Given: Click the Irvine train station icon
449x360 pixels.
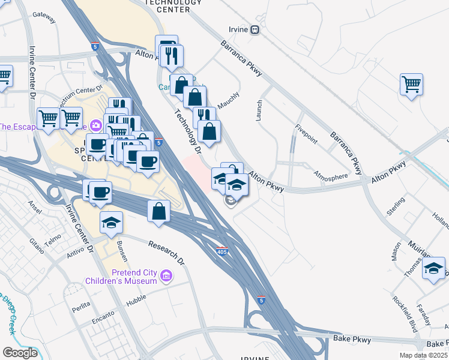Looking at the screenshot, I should [255, 29].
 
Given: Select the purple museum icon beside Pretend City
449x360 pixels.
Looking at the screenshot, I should [166, 277].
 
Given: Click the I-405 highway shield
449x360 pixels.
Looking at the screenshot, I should [221, 251].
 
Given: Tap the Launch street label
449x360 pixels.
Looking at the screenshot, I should [259, 111].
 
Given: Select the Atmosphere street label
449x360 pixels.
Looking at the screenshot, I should [330, 176].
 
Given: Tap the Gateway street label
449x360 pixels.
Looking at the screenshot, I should [44, 14].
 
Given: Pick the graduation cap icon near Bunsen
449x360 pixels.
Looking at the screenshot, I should [111, 223].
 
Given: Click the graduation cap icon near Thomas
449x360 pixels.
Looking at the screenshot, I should [433, 268].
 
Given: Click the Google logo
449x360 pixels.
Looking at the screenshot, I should [20, 353].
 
